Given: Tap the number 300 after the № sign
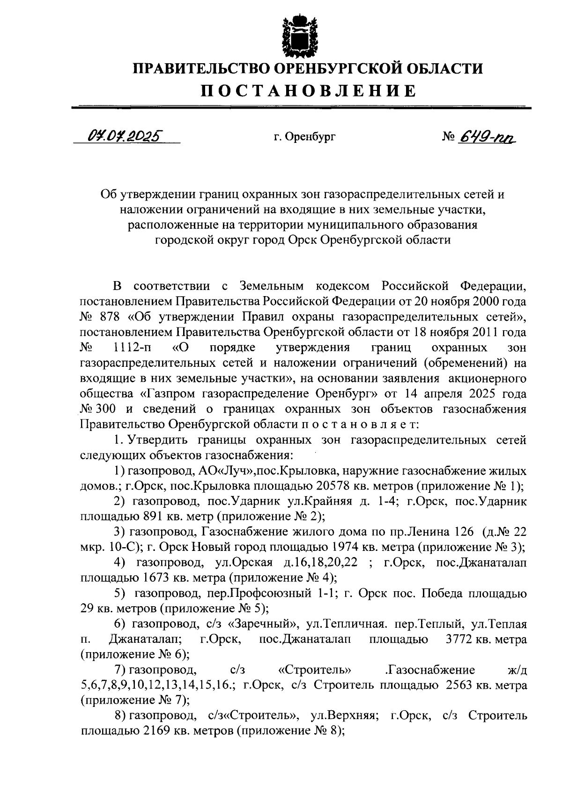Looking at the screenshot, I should [x=108, y=409].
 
